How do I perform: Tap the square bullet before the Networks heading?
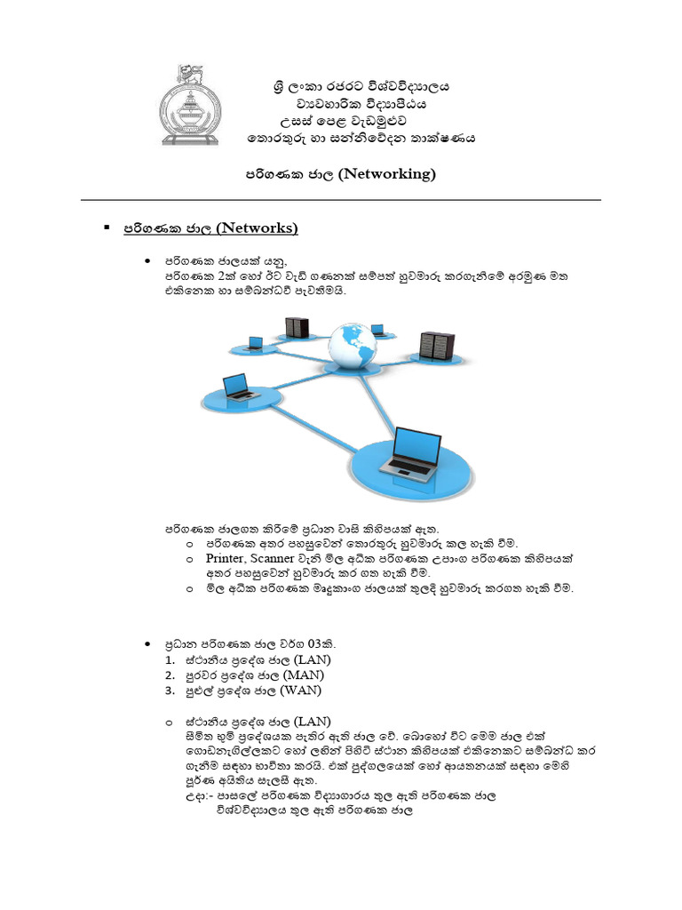pyautogui.click(x=107, y=228)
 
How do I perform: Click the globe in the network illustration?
pyautogui.click(x=352, y=347)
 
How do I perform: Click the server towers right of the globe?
pyautogui.click(x=436, y=345)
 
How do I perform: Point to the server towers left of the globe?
pyautogui.click(x=297, y=327)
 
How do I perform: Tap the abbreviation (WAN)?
pyautogui.click(x=301, y=690)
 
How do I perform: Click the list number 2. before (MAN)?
pyautogui.click(x=170, y=675)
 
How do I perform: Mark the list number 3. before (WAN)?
pyautogui.click(x=170, y=690)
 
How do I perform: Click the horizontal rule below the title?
pyautogui.click(x=341, y=200)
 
